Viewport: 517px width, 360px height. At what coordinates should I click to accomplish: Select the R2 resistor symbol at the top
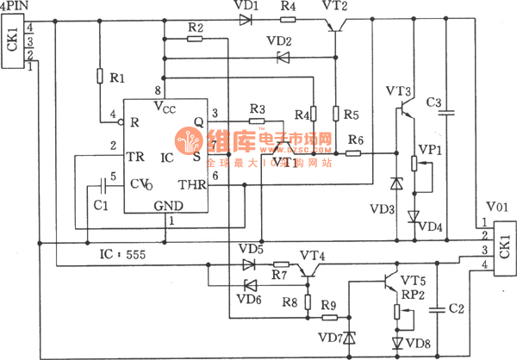pyautogui.click(x=196, y=40)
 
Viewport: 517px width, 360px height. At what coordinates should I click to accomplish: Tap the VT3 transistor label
pyautogui.click(x=399, y=90)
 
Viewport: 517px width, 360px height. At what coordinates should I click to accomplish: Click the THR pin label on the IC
pyautogui.click(x=190, y=183)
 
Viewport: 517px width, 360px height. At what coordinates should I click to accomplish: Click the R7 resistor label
pyautogui.click(x=277, y=276)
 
